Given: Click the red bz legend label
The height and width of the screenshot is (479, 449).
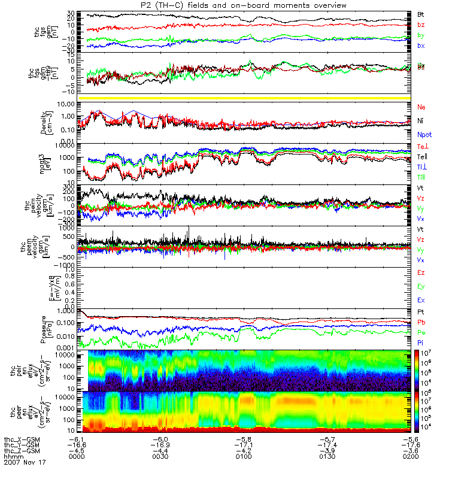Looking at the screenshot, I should click(x=421, y=25).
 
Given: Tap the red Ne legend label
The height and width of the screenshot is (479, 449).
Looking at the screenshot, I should click(x=421, y=107).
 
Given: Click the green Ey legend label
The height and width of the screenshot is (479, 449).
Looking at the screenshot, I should click(x=421, y=286).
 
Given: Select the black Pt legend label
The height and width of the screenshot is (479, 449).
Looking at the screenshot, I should click(x=421, y=313).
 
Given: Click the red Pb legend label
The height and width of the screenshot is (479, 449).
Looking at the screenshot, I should click(x=421, y=323).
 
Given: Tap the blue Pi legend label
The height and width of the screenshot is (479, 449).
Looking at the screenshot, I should click(x=421, y=343).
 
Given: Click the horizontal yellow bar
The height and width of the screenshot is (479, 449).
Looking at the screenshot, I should click(x=246, y=98).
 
